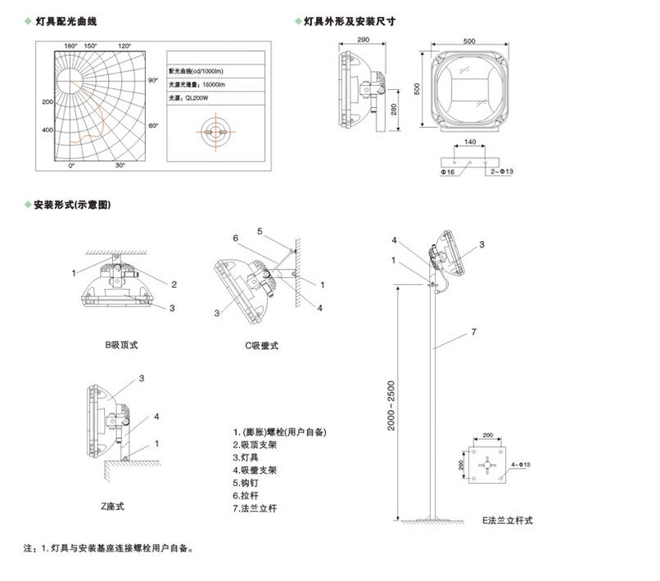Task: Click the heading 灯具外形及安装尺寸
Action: point(351,20)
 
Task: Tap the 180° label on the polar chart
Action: point(70,45)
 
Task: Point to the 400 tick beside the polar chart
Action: point(47,130)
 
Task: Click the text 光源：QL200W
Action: point(187,97)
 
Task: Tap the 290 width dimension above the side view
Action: point(362,40)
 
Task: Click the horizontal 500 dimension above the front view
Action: point(469,40)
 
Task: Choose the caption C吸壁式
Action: point(262,345)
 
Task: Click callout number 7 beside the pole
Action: point(473,333)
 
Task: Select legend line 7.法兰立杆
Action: point(257,509)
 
